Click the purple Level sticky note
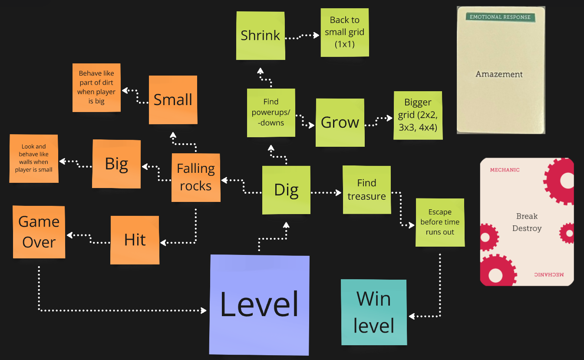259,304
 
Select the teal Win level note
374,312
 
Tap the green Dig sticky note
286,190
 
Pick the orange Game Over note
39,232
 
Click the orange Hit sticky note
135,240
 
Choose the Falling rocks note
196,177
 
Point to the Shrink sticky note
261,36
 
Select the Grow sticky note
340,122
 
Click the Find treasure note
366,190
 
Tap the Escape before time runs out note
440,222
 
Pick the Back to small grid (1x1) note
345,32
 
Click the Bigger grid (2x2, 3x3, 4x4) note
418,116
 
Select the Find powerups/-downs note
271,112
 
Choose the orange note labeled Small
173,100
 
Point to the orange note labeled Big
116,164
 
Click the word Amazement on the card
499,74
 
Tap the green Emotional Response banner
500,17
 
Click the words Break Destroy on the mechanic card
527,222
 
